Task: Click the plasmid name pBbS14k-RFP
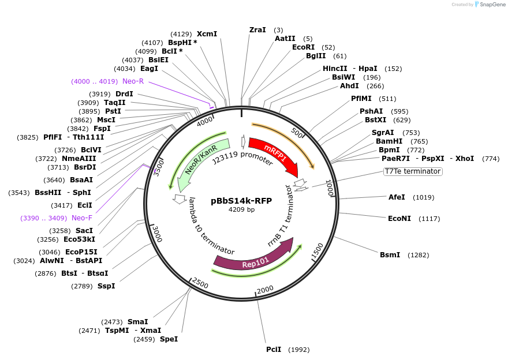coord(241,201)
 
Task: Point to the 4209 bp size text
coord(241,209)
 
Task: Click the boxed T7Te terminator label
coord(412,171)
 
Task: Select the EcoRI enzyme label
coord(303,47)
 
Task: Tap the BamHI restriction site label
coord(389,141)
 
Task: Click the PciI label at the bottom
coord(274,349)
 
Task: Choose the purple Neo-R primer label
coord(133,81)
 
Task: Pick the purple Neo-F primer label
coord(82,218)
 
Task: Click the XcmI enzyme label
coord(207,34)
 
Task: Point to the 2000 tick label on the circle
coord(265,290)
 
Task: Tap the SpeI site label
coord(169,339)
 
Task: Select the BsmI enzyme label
coord(390,255)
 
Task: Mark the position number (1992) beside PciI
coord(299,350)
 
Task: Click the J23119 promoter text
coord(242,157)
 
